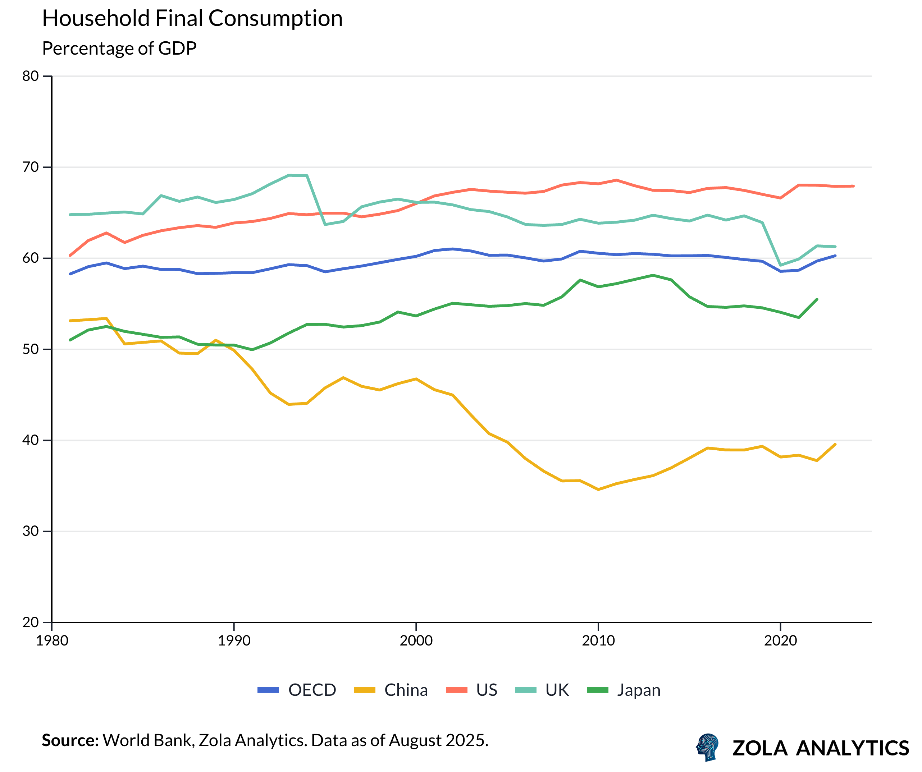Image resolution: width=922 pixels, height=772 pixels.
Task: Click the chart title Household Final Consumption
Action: (x=192, y=19)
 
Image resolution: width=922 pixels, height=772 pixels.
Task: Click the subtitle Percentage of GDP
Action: (x=119, y=48)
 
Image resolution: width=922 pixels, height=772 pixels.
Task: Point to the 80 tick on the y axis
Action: (x=31, y=76)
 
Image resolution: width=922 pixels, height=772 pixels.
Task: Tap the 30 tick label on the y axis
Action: (x=31, y=532)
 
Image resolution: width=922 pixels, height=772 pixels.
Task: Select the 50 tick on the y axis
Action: (x=31, y=349)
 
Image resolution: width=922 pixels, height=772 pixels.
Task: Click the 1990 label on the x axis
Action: (x=234, y=641)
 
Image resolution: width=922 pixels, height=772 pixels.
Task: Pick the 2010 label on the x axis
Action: (x=598, y=641)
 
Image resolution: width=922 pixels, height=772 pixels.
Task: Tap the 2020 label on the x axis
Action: (x=780, y=641)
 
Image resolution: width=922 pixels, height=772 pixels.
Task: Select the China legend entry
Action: (x=391, y=690)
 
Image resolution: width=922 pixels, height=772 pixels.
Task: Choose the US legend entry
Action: (x=472, y=690)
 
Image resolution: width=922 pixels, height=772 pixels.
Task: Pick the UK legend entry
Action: (x=542, y=690)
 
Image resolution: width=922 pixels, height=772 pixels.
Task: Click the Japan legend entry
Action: (x=624, y=690)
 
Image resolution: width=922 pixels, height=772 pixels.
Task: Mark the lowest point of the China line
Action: (x=598, y=490)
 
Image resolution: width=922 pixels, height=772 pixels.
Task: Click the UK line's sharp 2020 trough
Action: (x=781, y=265)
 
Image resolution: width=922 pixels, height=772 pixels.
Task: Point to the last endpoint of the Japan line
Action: (x=817, y=299)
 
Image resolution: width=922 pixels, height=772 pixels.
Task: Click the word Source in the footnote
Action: (x=70, y=740)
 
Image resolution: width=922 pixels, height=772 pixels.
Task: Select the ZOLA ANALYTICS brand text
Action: (x=820, y=748)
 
